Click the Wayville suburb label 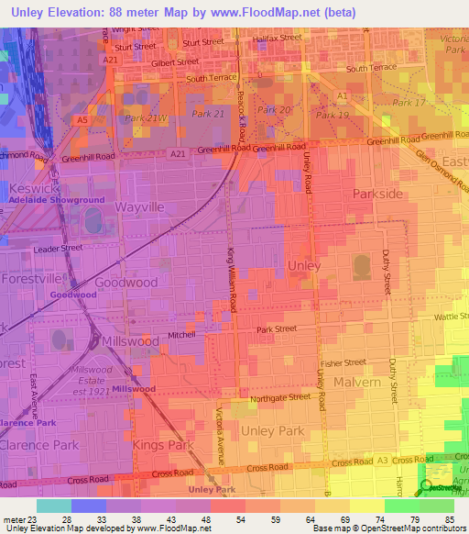(x=139, y=207)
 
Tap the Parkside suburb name (x=377, y=195)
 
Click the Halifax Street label (x=276, y=38)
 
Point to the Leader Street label (x=58, y=248)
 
